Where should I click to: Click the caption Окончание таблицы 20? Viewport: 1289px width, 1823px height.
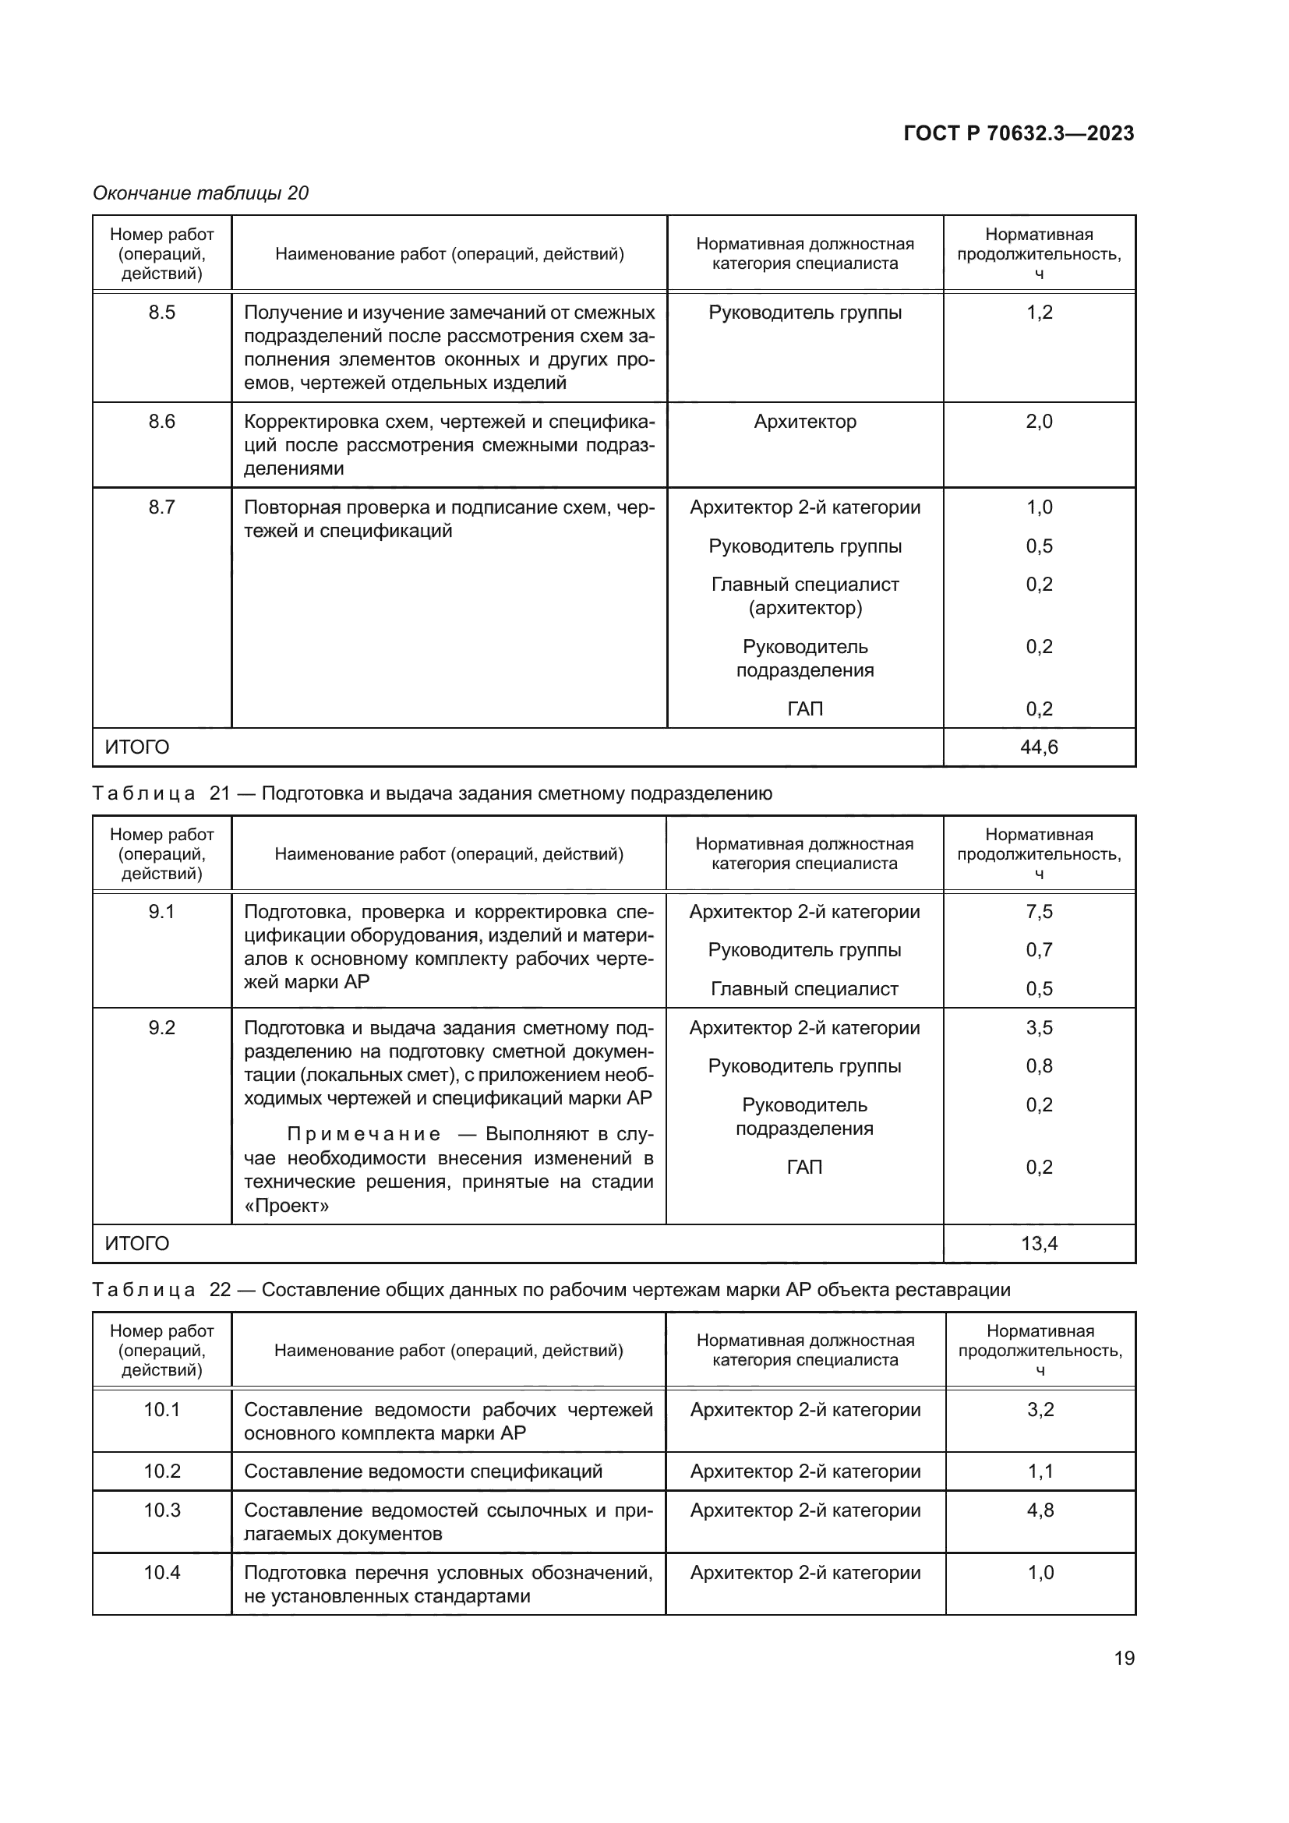[x=201, y=193]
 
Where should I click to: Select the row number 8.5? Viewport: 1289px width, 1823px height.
[x=162, y=312]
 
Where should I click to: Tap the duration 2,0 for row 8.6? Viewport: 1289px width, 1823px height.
[x=1039, y=422]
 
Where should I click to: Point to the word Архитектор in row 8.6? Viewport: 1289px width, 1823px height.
[x=805, y=422]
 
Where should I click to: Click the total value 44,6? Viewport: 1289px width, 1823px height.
[x=1039, y=747]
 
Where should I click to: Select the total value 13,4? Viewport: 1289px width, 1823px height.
[x=1039, y=1243]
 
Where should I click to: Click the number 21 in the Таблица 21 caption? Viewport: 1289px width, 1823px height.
[x=220, y=793]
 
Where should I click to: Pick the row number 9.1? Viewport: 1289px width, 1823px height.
[x=162, y=912]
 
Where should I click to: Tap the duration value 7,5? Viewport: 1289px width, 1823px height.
[x=1039, y=912]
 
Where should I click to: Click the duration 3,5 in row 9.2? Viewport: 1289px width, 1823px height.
[x=1039, y=1027]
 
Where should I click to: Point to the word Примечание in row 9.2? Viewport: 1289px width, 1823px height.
[x=363, y=1134]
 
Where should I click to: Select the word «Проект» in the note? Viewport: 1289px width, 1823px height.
[x=287, y=1205]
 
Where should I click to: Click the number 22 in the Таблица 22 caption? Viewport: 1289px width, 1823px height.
[x=220, y=1289]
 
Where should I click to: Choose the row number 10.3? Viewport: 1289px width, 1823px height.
[x=162, y=1510]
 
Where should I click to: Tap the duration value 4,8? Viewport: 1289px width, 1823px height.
[x=1040, y=1510]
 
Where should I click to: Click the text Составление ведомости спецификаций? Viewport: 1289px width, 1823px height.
[x=423, y=1471]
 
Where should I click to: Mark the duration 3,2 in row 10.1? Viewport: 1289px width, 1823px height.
[x=1040, y=1409]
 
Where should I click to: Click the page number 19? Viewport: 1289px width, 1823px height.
[x=1124, y=1658]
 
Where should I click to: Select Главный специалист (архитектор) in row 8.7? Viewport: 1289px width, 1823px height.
[x=805, y=596]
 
